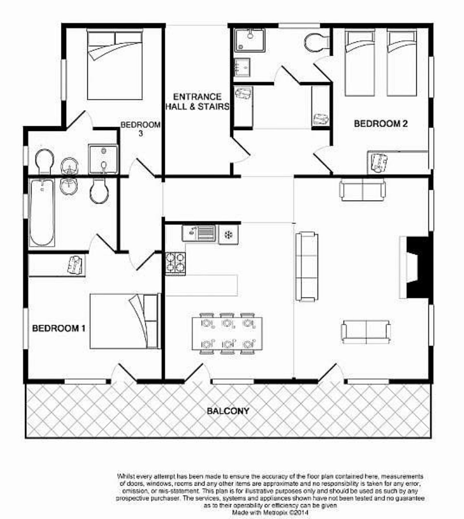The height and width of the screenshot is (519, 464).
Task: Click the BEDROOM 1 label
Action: [59, 328]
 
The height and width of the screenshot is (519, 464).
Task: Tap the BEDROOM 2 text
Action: [381, 123]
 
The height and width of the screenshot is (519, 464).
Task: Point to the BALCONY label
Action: [228, 411]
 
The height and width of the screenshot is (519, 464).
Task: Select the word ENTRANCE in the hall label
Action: [197, 97]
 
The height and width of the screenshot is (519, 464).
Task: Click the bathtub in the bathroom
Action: [42, 212]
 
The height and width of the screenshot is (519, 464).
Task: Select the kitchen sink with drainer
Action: [199, 233]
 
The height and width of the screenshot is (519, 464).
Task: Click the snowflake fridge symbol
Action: [228, 235]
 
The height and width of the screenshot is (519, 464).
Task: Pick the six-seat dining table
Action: [227, 334]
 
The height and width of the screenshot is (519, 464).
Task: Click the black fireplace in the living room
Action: [418, 268]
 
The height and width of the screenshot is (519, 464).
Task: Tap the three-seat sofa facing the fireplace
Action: [307, 267]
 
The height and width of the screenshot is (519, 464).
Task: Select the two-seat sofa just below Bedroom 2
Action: [362, 190]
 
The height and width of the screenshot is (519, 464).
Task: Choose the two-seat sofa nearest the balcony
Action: [366, 332]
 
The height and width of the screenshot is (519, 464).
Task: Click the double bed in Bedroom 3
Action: [114, 65]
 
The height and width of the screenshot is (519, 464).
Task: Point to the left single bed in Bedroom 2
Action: [360, 63]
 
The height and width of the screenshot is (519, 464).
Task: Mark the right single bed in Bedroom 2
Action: [402, 63]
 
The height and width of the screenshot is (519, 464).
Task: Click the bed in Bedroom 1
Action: [125, 321]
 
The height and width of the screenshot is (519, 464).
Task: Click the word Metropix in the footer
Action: [274, 513]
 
